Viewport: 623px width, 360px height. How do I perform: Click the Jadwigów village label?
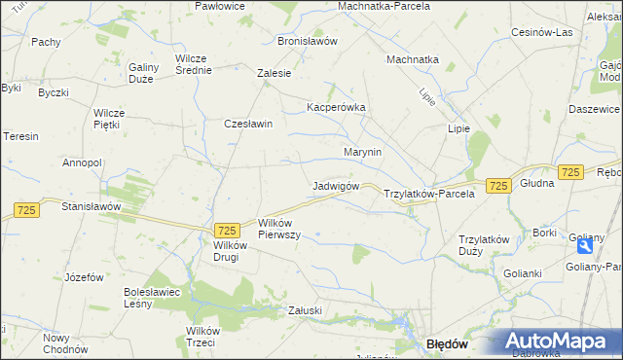tap(337, 186)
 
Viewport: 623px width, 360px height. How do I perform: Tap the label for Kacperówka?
tap(335, 107)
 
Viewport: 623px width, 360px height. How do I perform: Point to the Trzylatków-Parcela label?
tap(429, 194)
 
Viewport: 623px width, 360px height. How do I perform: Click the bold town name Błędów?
tap(449, 344)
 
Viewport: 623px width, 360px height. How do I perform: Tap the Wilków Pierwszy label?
tap(278, 229)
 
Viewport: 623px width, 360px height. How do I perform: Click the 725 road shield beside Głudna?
tap(570, 172)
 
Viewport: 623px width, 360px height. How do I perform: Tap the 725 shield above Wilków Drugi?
tap(227, 230)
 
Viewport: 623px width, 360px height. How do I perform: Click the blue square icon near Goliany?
tap(583, 246)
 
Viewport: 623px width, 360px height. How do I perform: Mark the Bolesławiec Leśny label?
tap(151, 297)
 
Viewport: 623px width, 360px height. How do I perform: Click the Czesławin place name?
tap(248, 124)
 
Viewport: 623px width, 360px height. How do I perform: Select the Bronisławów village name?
tap(307, 42)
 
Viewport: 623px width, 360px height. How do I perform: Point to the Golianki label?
tap(523, 273)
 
